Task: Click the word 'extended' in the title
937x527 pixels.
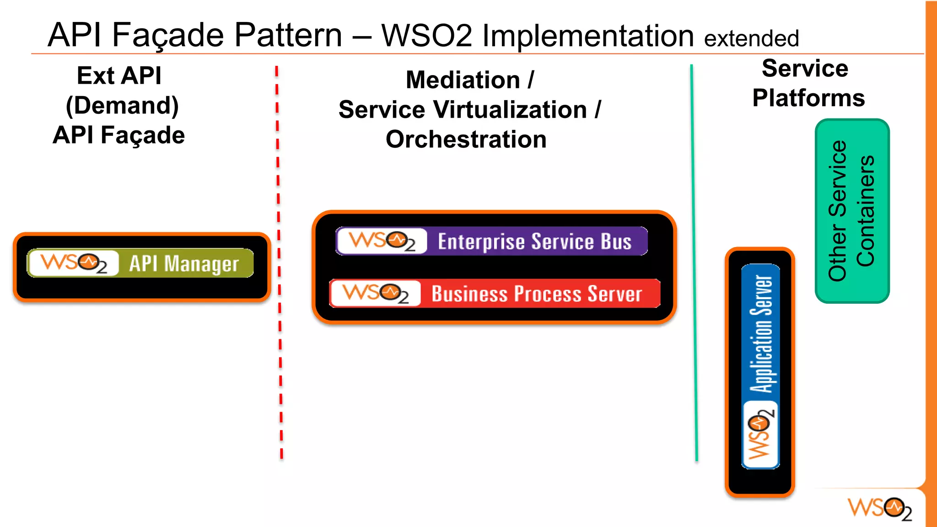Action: click(x=751, y=38)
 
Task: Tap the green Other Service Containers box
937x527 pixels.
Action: click(x=852, y=211)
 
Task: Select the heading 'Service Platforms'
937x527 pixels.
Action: click(x=808, y=83)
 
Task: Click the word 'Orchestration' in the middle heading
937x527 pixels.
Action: click(x=466, y=140)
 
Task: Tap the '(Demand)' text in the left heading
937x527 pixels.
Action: click(x=122, y=106)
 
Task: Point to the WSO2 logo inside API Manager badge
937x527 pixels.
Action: click(x=74, y=263)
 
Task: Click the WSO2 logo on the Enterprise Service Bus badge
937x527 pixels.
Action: click(x=382, y=241)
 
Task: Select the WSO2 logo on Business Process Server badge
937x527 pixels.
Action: click(x=376, y=293)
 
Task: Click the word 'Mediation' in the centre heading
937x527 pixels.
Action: click(x=463, y=81)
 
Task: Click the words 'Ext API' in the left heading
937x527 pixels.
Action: click(x=119, y=76)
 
